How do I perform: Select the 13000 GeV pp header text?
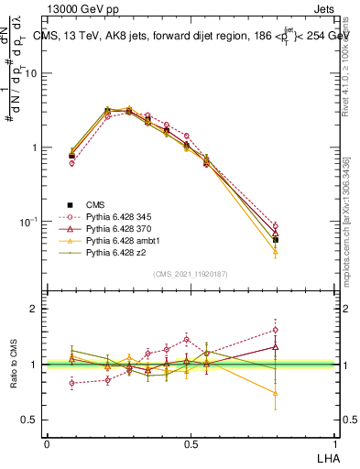[x=83, y=8]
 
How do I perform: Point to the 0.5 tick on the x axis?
[x=191, y=443]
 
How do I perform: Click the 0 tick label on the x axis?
[x=47, y=443]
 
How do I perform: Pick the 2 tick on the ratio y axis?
[x=34, y=309]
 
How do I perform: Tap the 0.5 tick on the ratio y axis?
[x=29, y=420]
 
